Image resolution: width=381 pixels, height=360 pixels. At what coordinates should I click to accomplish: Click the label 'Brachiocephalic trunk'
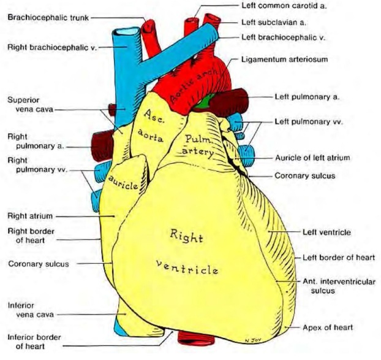tap(48, 18)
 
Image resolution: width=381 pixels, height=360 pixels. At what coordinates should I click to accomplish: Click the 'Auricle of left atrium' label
tap(312, 158)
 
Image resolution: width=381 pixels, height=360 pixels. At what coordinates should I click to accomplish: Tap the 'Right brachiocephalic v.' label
tap(53, 47)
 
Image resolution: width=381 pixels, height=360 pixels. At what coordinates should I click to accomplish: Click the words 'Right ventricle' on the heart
tap(187, 251)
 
